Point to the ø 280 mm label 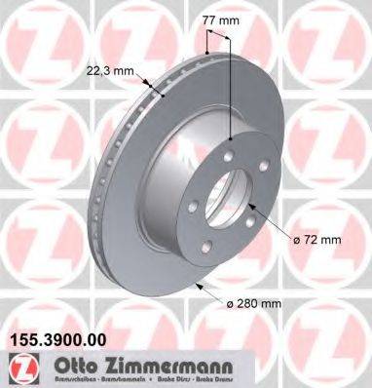point(252,304)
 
